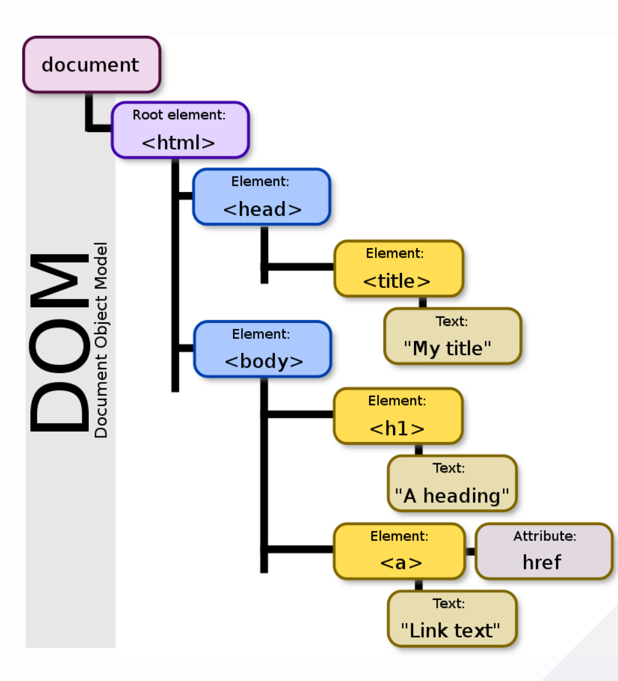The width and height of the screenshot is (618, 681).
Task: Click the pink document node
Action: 91,64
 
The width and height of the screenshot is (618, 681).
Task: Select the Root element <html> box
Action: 180,130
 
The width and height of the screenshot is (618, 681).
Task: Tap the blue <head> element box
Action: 262,197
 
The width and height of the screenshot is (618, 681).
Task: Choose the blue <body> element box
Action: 263,349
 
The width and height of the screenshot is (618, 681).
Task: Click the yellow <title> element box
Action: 398,269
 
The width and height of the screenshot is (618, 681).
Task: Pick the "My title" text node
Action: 452,336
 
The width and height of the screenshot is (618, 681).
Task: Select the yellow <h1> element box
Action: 398,416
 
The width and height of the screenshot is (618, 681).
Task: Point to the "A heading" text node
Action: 452,484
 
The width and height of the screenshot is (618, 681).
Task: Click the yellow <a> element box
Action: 400,551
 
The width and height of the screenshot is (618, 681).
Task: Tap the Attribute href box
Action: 544,551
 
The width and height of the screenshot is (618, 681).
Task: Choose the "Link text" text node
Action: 452,619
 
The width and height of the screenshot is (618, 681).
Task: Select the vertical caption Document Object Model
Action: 101,340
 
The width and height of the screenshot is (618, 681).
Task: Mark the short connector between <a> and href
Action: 470,551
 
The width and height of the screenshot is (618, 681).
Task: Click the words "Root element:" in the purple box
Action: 179,114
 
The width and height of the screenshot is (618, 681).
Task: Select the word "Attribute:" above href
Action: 544,536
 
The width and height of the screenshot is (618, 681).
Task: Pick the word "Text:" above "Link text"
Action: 449,603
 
